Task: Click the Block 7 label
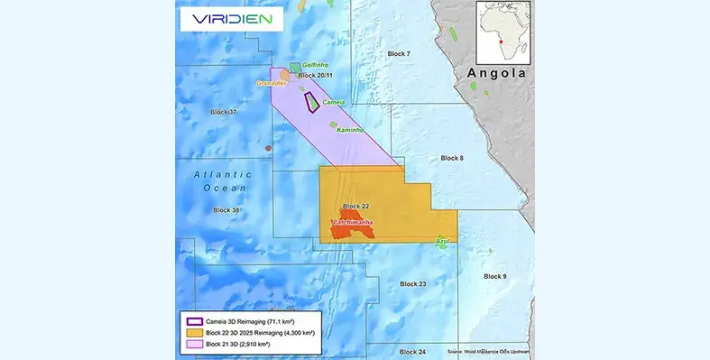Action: [x=399, y=54]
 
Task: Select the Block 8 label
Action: [x=452, y=158]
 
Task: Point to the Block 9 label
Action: [x=495, y=276]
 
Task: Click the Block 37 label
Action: [x=223, y=112]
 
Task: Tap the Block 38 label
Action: [x=226, y=210]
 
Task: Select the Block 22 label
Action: [x=356, y=207]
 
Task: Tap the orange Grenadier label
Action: [x=272, y=83]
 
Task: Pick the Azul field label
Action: [x=442, y=241]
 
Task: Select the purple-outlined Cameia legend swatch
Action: [x=193, y=321]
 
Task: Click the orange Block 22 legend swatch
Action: [x=193, y=333]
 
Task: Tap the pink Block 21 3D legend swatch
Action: [x=193, y=345]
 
